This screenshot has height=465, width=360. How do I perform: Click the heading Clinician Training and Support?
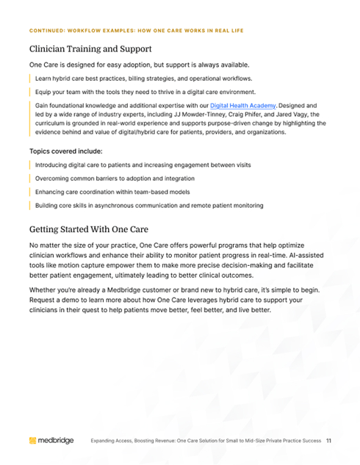[x=90, y=49]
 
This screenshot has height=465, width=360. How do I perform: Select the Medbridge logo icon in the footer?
[x=32, y=441]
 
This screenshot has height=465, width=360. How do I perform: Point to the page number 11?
[x=329, y=441]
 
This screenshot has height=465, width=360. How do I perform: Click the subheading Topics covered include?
[x=66, y=151]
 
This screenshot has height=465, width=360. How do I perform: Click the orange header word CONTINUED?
[x=47, y=30]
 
